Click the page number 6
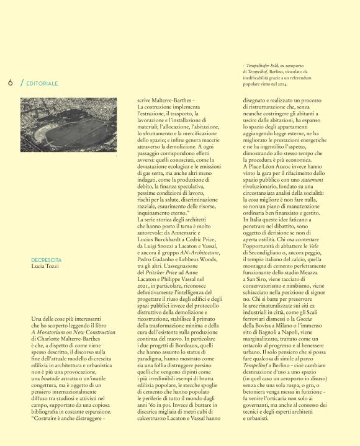pos(11,82)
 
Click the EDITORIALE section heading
pos(42,83)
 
